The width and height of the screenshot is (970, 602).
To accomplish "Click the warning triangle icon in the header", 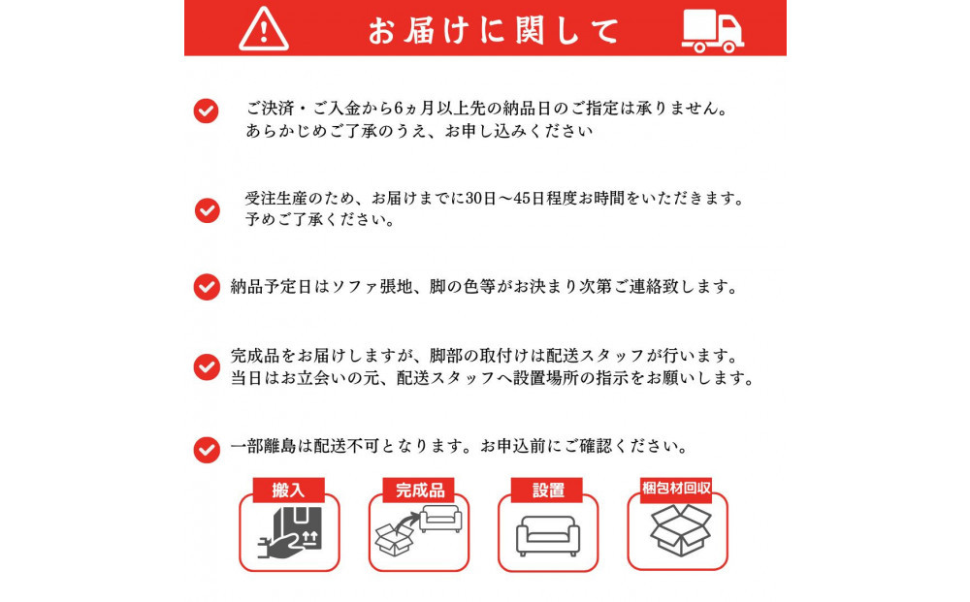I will point(264,29).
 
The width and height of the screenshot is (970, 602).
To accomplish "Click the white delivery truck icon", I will point(712,30).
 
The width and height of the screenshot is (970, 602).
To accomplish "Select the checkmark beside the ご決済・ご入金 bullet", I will point(206,111).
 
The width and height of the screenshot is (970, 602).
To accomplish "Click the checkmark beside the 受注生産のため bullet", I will point(207,209).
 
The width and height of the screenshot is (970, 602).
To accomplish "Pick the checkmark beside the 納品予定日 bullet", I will point(207,287).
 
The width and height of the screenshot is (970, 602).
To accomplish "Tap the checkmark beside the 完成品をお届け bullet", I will point(207,366).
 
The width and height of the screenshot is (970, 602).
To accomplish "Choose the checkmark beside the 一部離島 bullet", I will point(207,449).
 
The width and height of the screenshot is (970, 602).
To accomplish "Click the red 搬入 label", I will point(288,491).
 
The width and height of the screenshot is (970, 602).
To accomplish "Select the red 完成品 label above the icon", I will point(418,491).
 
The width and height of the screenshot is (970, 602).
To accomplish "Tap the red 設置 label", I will point(548,491).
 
